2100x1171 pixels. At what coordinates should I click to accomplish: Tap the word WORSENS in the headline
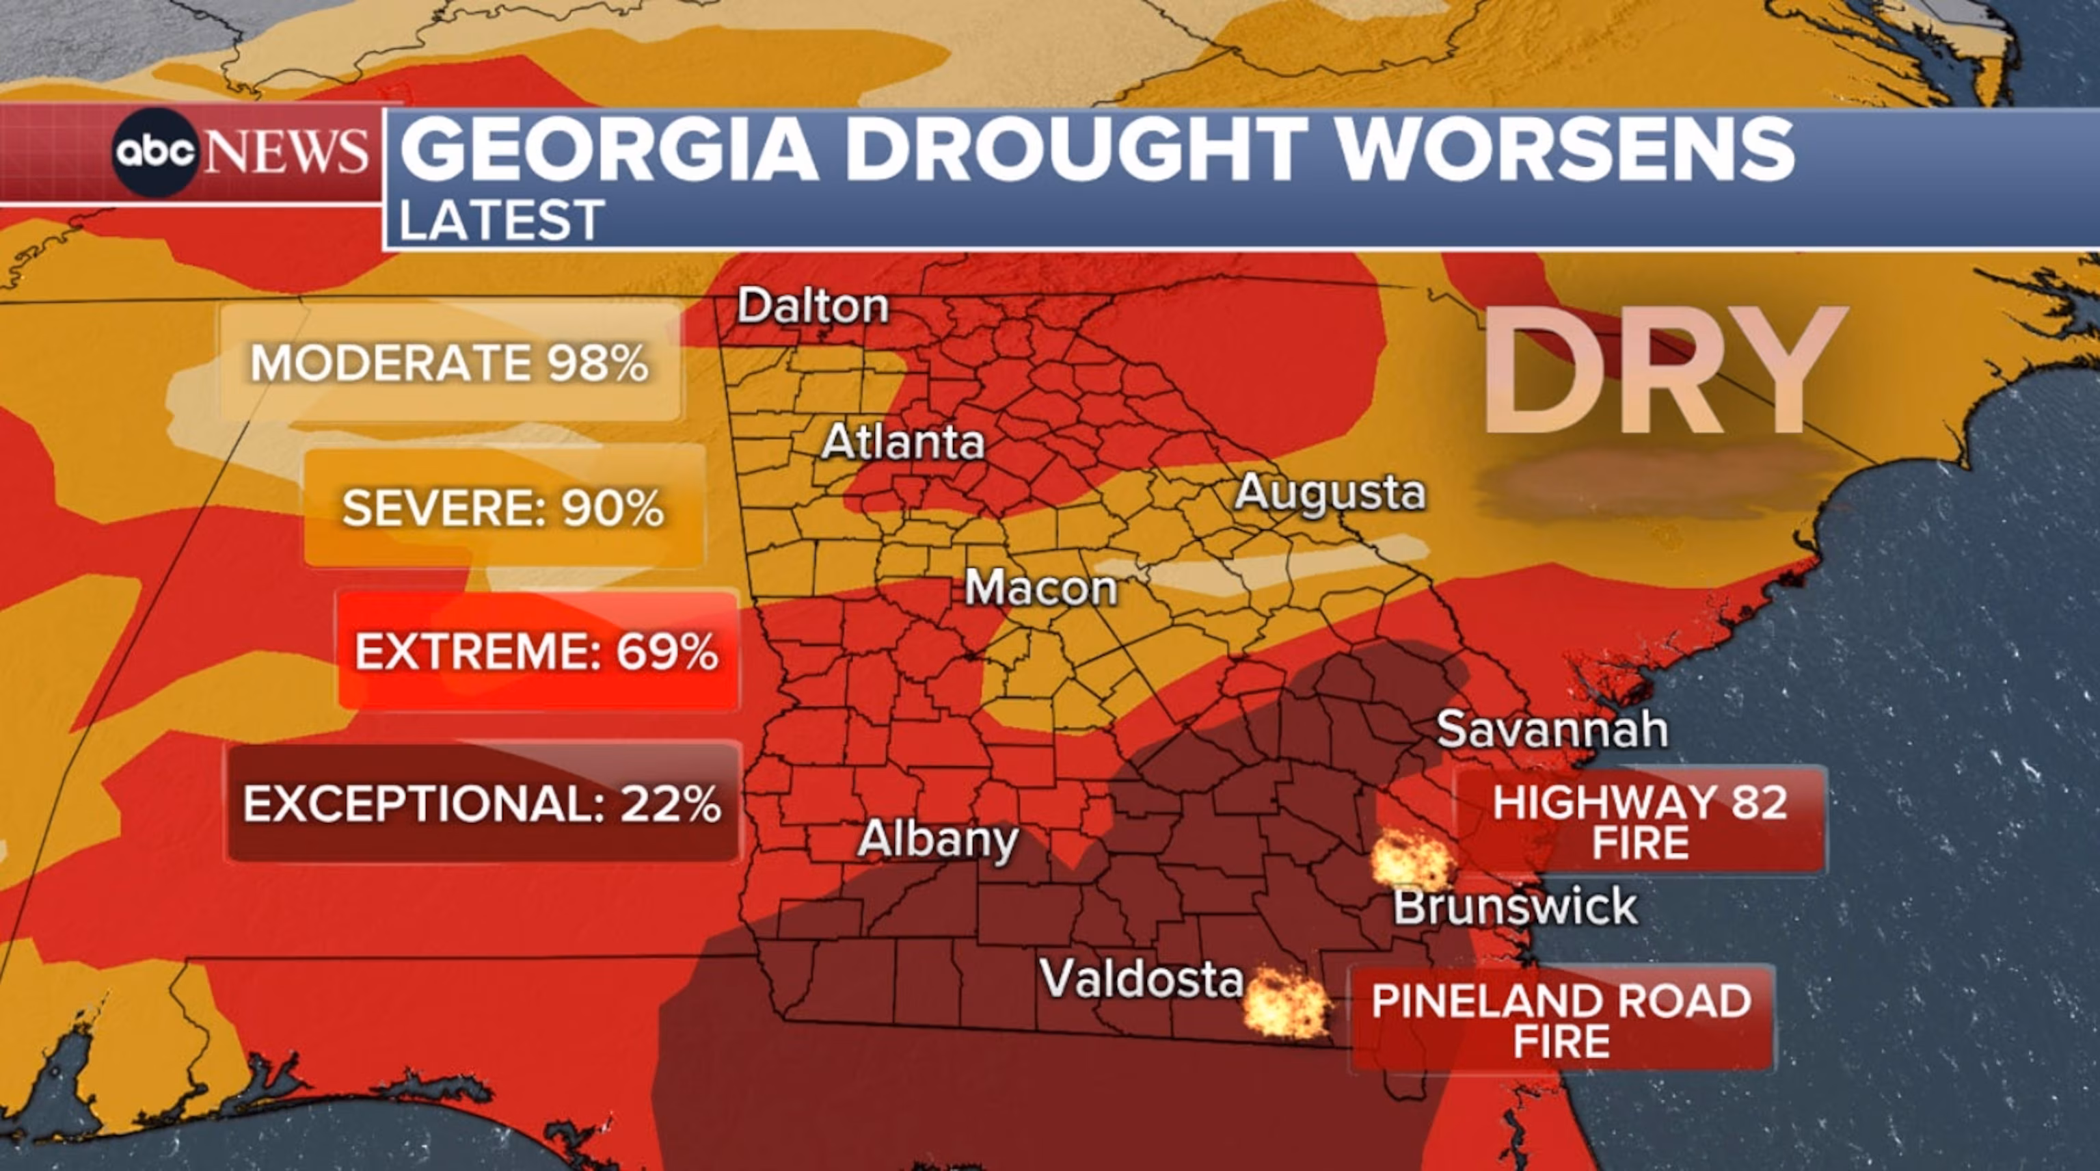[x=1565, y=149]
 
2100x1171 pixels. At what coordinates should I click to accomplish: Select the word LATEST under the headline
[x=501, y=220]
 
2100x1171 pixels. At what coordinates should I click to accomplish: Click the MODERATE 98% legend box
[x=450, y=362]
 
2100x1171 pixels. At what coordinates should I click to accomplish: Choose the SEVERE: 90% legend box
[x=503, y=508]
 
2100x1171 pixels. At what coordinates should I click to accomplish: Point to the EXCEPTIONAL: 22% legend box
[x=482, y=803]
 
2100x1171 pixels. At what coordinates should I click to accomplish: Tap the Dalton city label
[x=812, y=306]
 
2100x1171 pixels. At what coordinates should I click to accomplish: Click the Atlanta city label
[x=903, y=443]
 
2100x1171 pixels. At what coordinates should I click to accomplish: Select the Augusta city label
[x=1330, y=492]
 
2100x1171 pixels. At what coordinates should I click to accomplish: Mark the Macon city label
[x=1041, y=587]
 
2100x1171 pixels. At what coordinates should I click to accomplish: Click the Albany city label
[x=937, y=839]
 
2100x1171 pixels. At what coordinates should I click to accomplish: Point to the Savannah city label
[x=1551, y=729]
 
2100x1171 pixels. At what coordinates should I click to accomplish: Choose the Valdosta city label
[x=1142, y=977]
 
